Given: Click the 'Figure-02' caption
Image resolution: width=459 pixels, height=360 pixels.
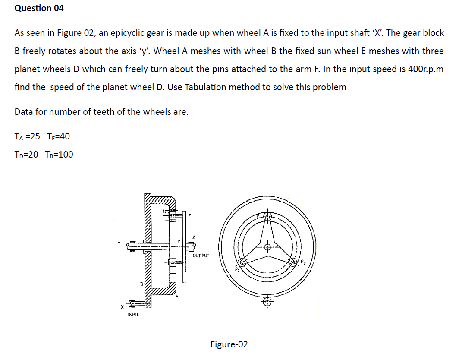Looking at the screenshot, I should point(229,344).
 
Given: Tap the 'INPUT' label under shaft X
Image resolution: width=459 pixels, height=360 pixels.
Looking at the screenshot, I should point(134,314).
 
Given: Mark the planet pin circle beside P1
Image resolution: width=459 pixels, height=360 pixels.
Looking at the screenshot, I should point(268,217).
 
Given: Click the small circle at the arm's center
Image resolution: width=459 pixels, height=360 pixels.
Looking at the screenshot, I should point(268,247).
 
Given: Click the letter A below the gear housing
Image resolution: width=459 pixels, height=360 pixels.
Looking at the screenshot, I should point(177,297).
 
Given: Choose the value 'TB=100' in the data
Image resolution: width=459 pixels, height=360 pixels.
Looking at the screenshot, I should point(59,155).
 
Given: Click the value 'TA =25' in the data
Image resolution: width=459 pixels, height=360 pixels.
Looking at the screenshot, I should point(27,136).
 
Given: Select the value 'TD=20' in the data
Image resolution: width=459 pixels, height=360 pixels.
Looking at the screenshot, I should point(26,155).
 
